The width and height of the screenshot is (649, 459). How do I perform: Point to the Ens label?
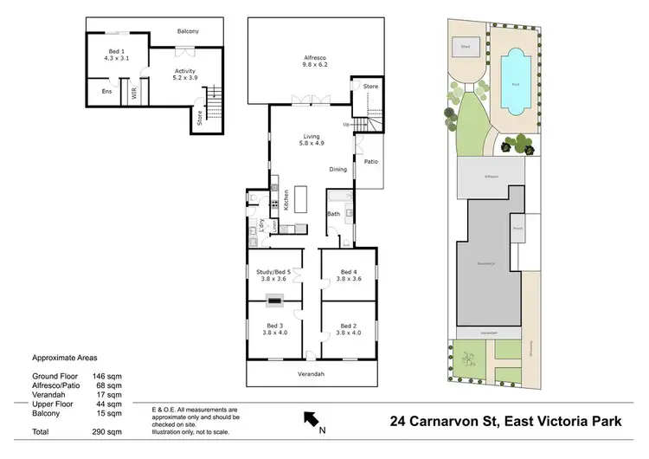106,91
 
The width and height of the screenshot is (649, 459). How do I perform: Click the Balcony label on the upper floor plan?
189,31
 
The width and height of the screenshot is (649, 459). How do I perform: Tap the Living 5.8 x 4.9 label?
312,139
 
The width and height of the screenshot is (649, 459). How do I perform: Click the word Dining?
338,169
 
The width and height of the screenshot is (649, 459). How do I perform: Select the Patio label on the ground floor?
369,161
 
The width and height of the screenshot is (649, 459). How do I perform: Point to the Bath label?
334,213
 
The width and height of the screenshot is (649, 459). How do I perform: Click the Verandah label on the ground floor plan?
312,373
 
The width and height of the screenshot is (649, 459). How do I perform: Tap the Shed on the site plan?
465,48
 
